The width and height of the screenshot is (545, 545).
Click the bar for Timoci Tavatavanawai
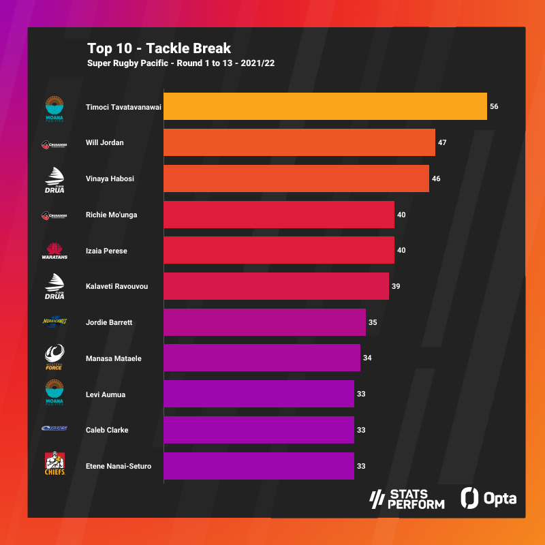[x=325, y=106]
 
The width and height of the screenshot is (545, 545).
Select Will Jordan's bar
[x=299, y=142]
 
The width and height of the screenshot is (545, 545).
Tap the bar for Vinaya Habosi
[x=296, y=178]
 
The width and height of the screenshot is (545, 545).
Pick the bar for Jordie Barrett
[x=264, y=322]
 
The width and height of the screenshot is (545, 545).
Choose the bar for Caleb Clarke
[x=259, y=430]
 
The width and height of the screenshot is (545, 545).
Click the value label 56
[x=494, y=107]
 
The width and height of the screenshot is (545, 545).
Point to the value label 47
[x=442, y=143]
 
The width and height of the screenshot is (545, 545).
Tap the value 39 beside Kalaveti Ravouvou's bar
[x=396, y=287]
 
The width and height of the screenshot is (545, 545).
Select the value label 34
[x=367, y=358]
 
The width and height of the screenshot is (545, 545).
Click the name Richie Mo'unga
[x=112, y=215]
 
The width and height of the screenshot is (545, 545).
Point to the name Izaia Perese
[x=107, y=251]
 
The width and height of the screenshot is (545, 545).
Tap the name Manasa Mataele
[x=114, y=358]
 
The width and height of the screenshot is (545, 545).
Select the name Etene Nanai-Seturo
[x=119, y=466]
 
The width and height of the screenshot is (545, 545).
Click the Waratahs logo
[x=54, y=251]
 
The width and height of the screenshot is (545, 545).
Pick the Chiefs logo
[x=54, y=465]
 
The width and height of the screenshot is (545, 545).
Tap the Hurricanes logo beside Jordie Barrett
[x=54, y=322]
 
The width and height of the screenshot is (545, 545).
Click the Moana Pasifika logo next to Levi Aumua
[x=54, y=393]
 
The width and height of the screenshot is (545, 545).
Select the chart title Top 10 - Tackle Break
[x=159, y=48]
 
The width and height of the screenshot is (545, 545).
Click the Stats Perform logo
[x=407, y=499]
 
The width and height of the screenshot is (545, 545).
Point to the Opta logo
[x=488, y=498]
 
